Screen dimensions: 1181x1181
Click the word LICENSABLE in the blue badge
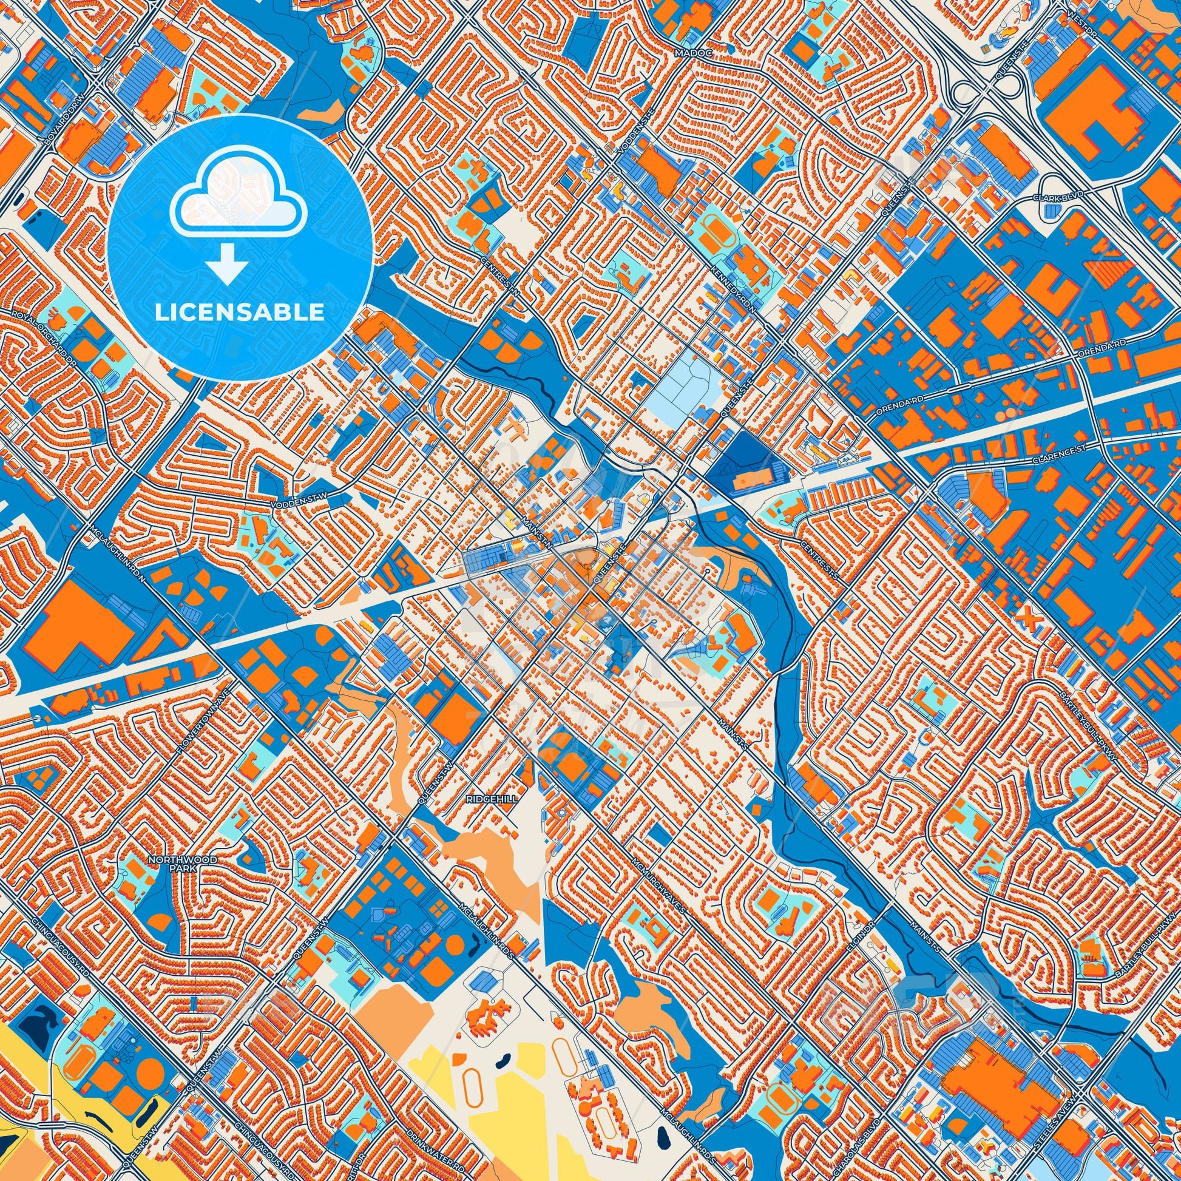(240, 313)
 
